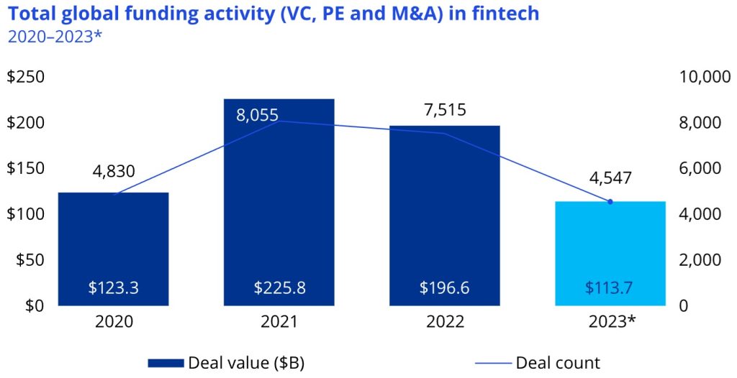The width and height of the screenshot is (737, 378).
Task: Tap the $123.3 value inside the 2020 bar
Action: (113, 287)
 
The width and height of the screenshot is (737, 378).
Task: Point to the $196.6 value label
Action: (444, 287)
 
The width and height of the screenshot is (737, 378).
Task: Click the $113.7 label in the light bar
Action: (610, 287)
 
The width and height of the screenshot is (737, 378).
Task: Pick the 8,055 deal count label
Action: (257, 114)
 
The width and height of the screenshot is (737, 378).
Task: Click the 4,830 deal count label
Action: (114, 172)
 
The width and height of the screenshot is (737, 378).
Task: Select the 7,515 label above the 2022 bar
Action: (444, 110)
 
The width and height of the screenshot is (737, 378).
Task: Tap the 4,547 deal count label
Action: (610, 178)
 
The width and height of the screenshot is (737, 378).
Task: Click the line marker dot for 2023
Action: (610, 202)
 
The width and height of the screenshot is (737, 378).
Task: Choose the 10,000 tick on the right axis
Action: (705, 77)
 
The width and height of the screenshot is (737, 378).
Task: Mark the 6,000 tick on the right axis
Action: (700, 168)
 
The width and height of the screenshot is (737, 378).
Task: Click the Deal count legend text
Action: (558, 362)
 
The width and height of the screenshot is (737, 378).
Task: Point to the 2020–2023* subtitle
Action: (55, 35)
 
